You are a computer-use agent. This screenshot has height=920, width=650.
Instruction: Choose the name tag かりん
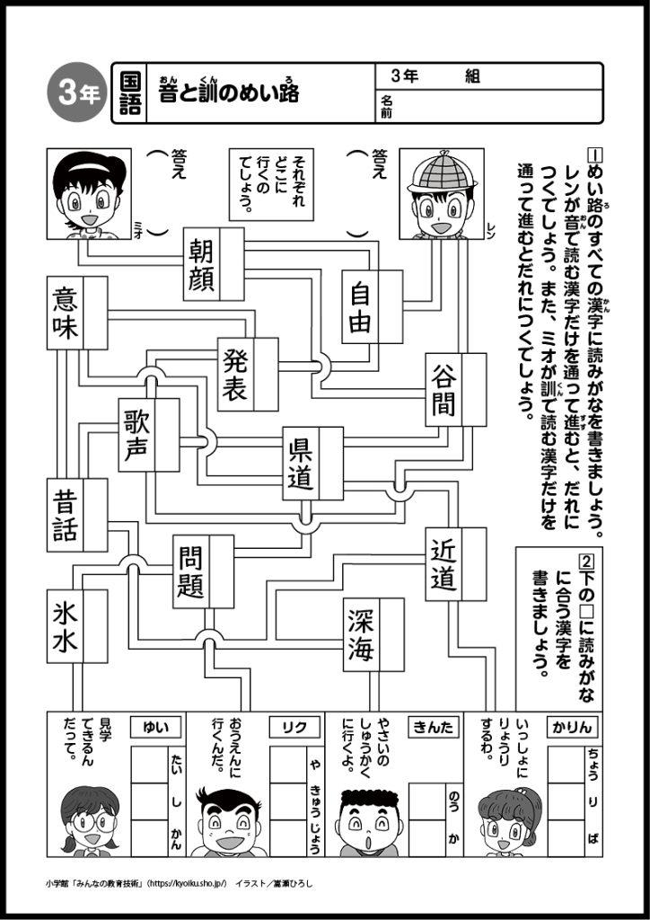pos(571,725)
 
